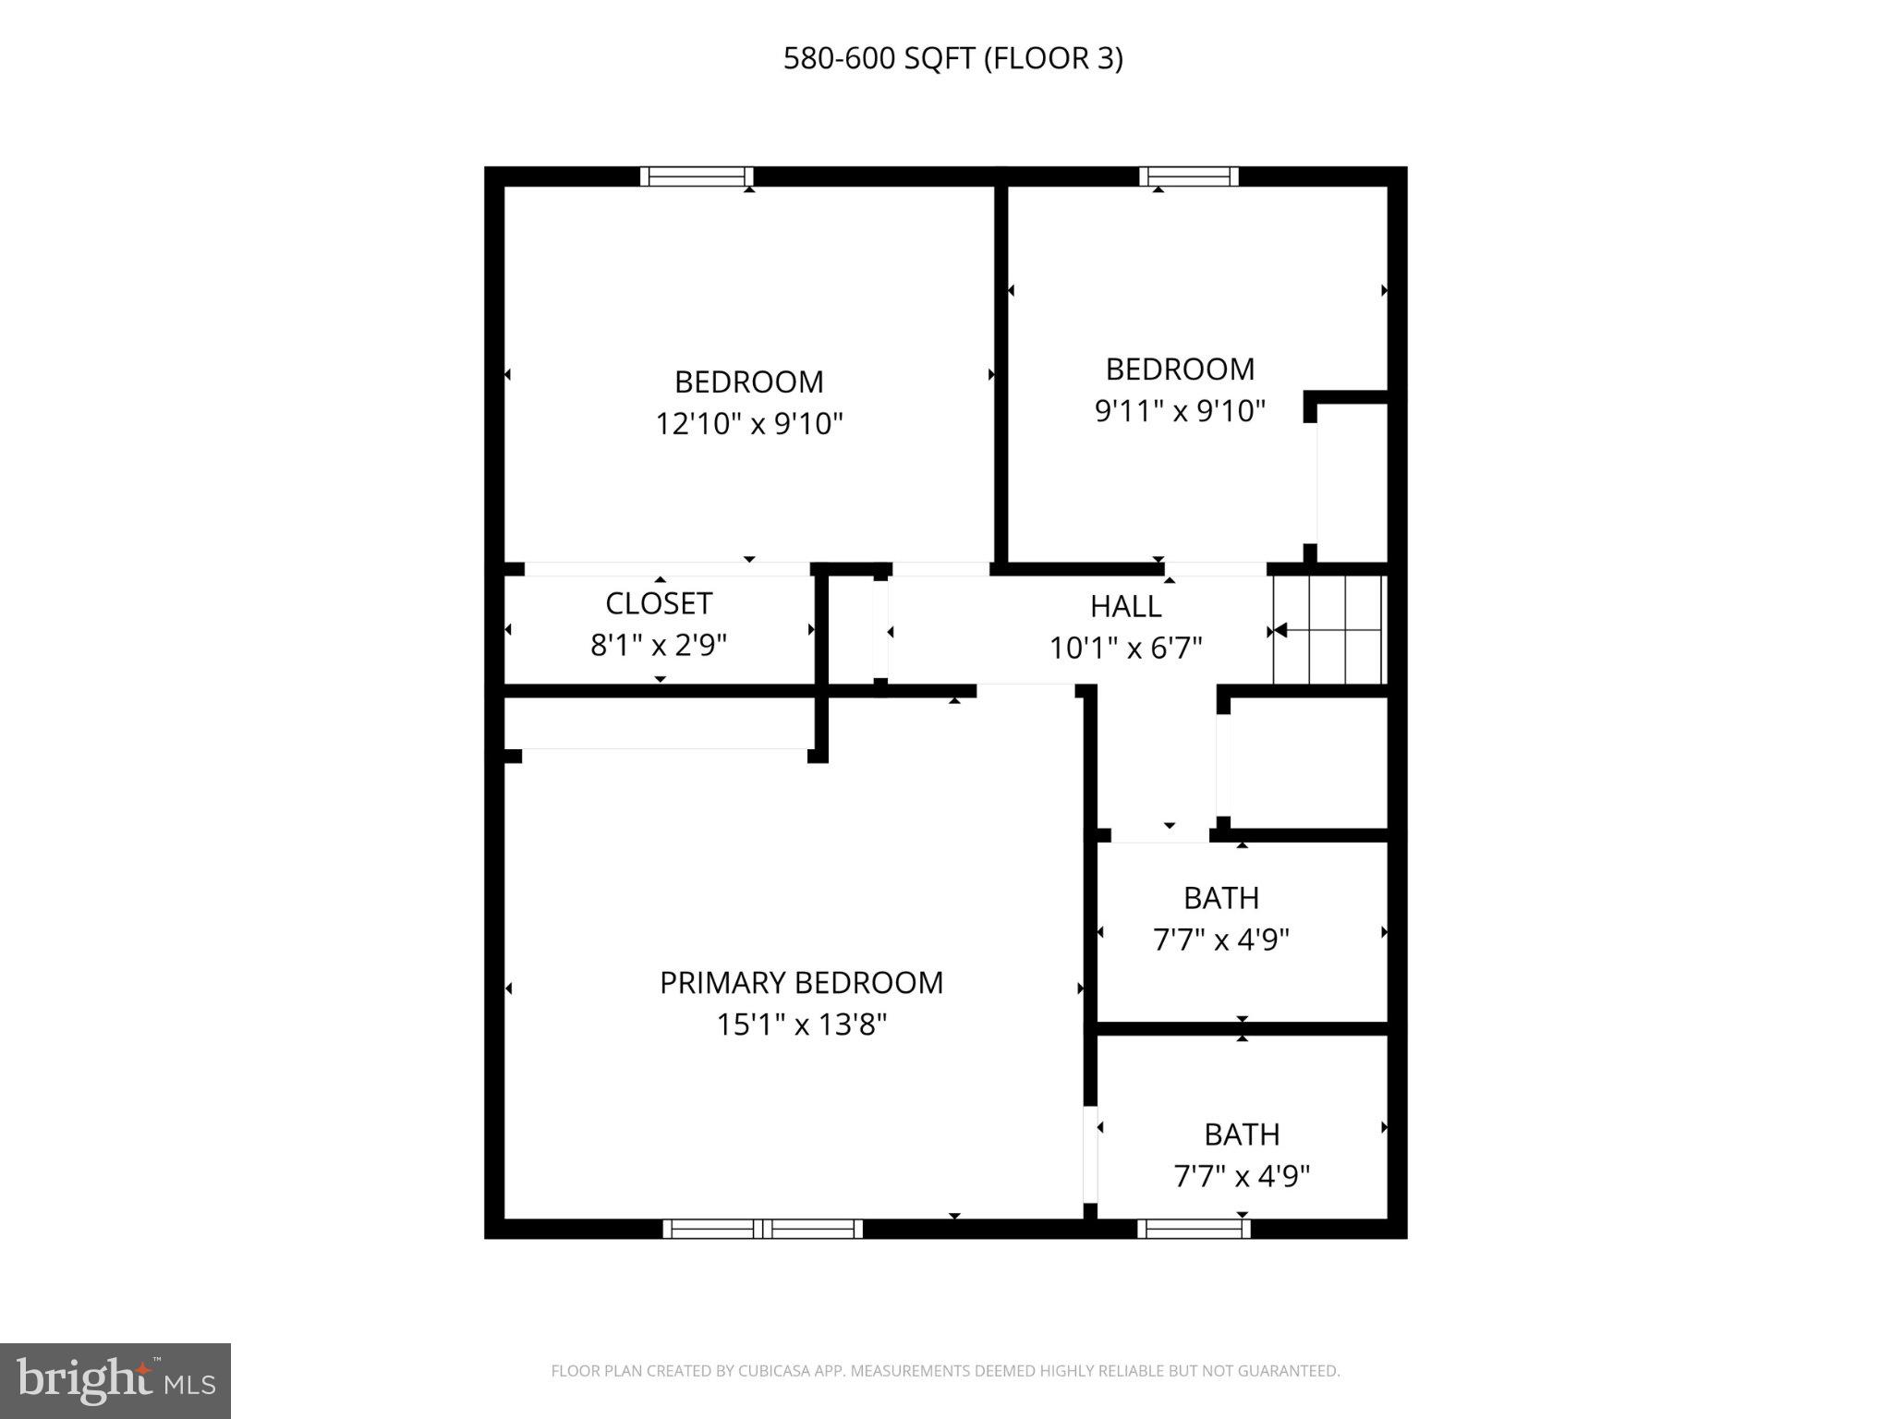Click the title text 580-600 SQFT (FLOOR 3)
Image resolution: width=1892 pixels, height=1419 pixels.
tap(952, 58)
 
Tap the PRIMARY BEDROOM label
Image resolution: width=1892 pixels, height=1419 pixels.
tap(801, 982)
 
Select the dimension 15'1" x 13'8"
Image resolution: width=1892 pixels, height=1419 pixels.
tap(801, 1025)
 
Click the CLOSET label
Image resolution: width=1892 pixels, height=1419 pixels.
tap(659, 603)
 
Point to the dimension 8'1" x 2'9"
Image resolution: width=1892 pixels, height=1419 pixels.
tap(659, 645)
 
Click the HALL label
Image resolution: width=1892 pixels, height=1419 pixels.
tap(1125, 606)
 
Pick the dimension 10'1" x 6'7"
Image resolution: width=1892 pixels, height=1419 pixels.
tap(1125, 648)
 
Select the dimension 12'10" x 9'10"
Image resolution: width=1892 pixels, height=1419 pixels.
tap(749, 424)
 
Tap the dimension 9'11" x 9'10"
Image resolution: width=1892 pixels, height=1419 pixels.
tap(1180, 410)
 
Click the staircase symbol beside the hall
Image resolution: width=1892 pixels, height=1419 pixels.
tap(1328, 630)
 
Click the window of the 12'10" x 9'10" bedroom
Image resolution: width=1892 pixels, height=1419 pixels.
tap(697, 176)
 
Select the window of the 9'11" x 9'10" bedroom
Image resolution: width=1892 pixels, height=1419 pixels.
tap(1188, 176)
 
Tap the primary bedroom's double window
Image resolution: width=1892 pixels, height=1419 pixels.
tap(762, 1229)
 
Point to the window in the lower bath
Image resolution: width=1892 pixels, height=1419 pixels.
tap(1193, 1229)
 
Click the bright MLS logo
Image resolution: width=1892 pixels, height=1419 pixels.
tap(115, 1381)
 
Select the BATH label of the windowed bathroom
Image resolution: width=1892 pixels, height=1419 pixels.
tap(1242, 1134)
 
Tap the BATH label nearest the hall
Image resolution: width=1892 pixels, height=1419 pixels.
tap(1221, 898)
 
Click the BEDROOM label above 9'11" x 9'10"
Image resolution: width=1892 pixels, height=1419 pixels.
tap(1180, 370)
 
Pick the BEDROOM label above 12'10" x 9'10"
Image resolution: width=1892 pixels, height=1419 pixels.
tap(749, 382)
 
